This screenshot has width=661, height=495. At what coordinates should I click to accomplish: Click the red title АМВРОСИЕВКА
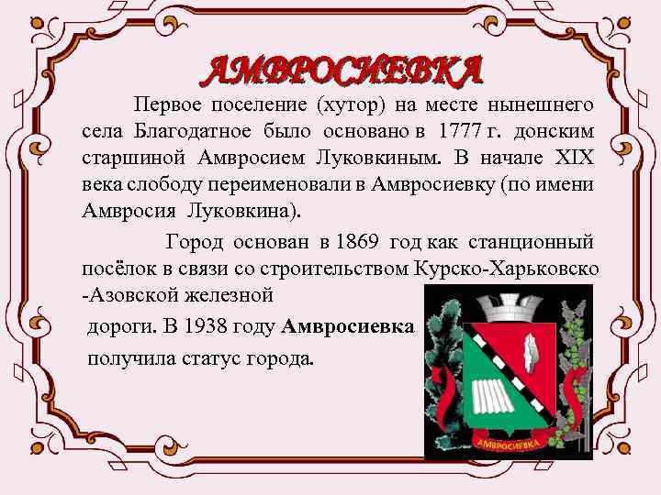(x=343, y=69)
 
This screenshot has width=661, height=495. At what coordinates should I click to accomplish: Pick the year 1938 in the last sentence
(x=204, y=328)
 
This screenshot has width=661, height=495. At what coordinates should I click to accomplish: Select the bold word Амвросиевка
(x=348, y=328)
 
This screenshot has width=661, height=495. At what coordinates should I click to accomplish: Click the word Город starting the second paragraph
(x=194, y=243)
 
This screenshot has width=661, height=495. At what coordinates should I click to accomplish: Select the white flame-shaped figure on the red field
(x=530, y=348)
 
